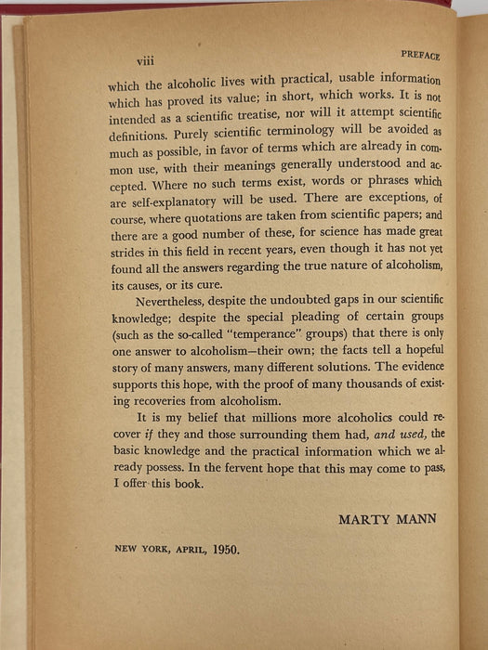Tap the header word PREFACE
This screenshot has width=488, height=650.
point(421,56)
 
